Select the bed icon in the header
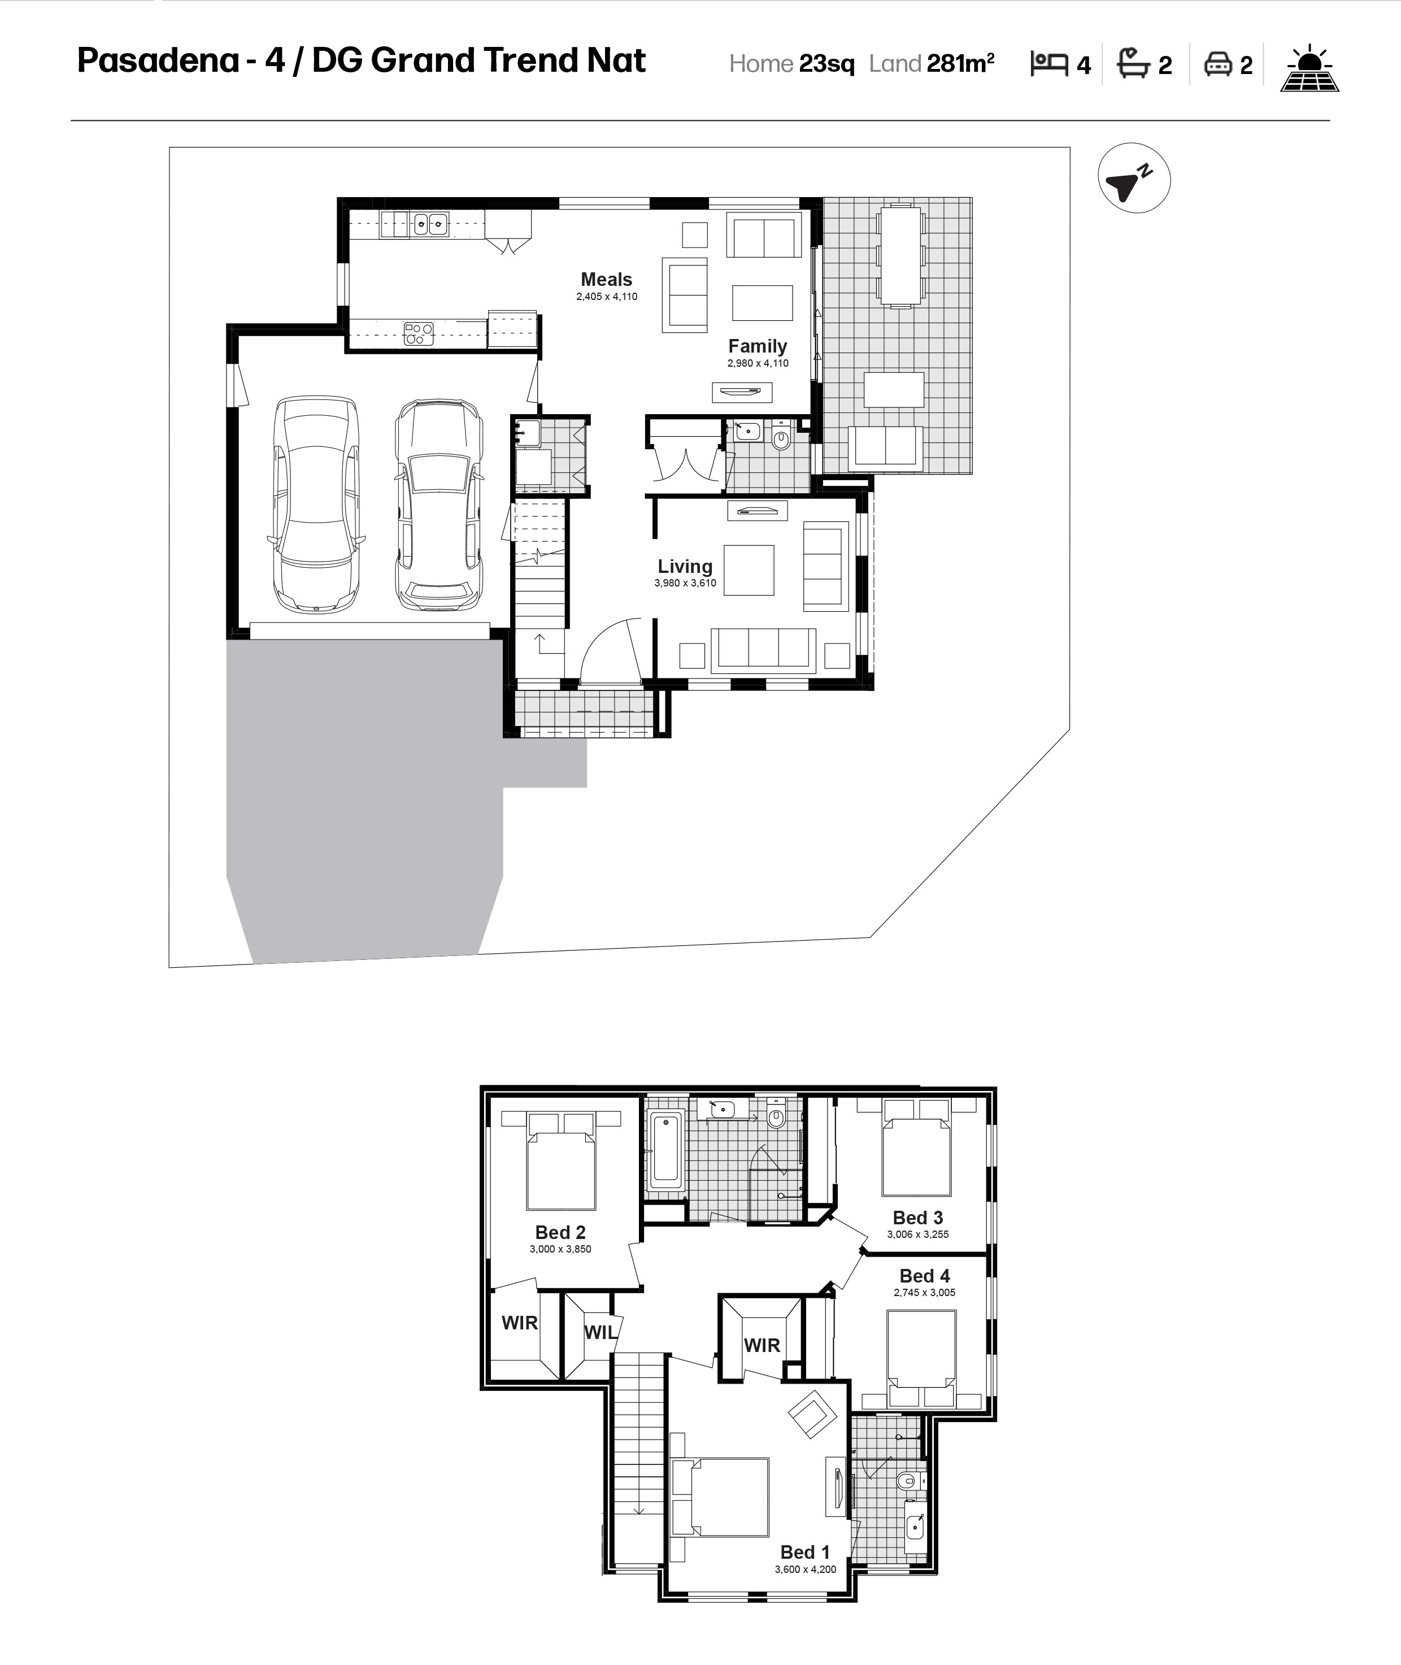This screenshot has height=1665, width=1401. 1049,63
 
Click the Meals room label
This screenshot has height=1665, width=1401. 606,280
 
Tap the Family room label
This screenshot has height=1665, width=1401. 758,346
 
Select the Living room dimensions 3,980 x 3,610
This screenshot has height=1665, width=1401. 685,583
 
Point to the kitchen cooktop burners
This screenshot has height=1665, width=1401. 419,333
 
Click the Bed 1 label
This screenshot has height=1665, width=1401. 804,1552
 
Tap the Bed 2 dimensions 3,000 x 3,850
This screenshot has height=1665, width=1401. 561,1249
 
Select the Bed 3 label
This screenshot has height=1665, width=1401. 917,1218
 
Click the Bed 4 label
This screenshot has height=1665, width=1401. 924,1276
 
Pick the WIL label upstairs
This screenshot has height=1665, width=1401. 601,1333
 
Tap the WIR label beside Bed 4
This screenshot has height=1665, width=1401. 762,1346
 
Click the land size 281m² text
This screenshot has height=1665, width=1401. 960,63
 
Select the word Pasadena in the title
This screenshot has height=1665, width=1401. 158,60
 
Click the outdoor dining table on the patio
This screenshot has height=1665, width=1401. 900,255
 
